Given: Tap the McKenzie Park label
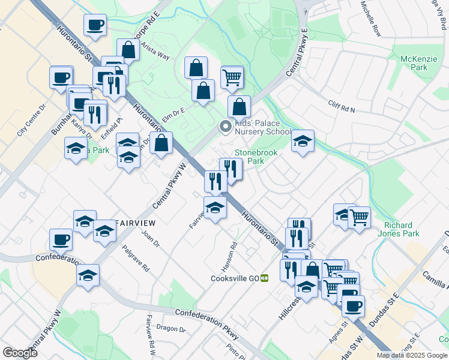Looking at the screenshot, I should pos(415,64).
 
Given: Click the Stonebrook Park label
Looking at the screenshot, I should pos(256,157).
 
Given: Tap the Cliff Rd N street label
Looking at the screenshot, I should pos(342,106).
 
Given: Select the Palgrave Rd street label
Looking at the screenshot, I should pos(135,259).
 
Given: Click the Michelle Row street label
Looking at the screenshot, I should pos(371,19).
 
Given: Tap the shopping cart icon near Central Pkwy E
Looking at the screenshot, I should pos(232,77).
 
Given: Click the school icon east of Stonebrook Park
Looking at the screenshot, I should pos(303,142).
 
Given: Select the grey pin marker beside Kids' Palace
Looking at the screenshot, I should pos(226,126).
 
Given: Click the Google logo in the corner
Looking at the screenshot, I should pos(20,353).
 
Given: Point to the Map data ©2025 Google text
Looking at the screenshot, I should pos(412,355).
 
